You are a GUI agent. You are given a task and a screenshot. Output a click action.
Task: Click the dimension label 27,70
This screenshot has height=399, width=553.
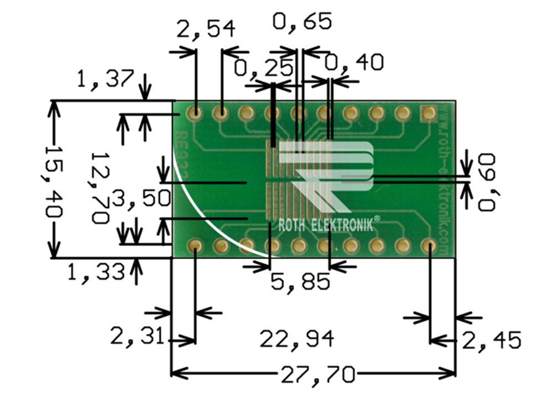point(317,376)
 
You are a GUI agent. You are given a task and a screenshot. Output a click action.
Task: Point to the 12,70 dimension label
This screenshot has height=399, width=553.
point(100,187)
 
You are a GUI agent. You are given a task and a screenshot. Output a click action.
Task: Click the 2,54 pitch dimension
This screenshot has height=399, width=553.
point(206,29)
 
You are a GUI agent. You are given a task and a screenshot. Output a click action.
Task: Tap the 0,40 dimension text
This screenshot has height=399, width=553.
point(354,63)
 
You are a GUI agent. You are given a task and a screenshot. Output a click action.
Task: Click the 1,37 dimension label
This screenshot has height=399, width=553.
point(105,81)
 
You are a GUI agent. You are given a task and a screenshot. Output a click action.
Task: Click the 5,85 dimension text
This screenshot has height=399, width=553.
point(300,283)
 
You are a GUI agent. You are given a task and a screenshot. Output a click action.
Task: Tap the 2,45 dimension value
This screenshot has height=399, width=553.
point(492,341)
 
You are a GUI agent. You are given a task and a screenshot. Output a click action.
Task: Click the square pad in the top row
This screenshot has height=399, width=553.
point(428,114)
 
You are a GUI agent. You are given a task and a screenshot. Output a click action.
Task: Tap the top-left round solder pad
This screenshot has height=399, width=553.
point(195,114)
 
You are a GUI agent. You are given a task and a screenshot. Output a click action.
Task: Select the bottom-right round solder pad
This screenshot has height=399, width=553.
point(428,245)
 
